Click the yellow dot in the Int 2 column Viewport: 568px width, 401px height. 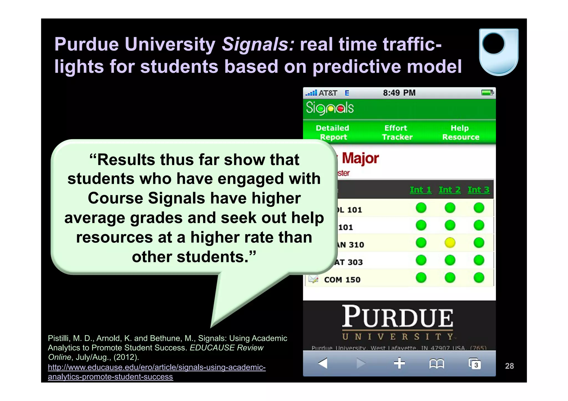pos(450,243)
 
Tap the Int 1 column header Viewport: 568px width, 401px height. pos(420,190)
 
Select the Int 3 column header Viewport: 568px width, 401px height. pos(478,190)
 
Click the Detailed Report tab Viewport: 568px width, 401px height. pos(333,132)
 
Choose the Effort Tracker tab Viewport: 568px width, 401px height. pos(397,132)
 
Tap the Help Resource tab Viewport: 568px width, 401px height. pos(460,132)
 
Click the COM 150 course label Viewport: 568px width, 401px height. pos(342,280)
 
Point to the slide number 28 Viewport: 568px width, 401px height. pos(509,366)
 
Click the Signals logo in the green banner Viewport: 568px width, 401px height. pos(330,108)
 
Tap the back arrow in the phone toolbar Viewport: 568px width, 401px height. pos(323,363)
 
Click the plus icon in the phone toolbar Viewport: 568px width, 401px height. pos(399,363)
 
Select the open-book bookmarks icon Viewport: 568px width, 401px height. pos(437,364)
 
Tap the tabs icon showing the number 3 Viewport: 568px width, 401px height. pos(475,364)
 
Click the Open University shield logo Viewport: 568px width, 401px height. pos(498,52)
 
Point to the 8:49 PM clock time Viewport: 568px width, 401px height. pos(399,93)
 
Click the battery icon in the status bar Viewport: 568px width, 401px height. pos(487,93)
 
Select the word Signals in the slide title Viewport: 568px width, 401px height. pos(258,44)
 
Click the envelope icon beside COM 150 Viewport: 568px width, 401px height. pos(313,279)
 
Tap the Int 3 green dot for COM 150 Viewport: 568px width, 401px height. pos(479,278)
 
